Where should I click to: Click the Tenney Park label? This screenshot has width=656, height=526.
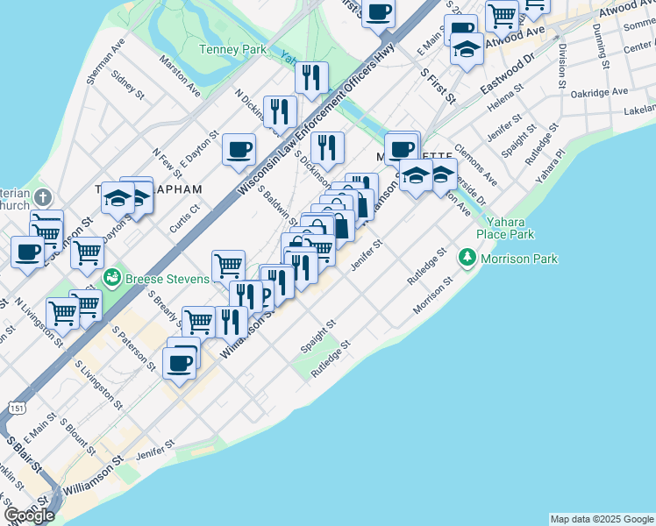pos(232,50)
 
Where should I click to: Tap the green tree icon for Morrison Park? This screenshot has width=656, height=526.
pos(467,258)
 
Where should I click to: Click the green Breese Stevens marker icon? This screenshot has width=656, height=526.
pos(111,279)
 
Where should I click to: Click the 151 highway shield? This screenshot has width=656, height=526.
pos(17,409)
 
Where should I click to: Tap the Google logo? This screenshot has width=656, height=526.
pos(28,515)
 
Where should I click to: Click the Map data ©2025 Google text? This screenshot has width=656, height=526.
pos(602,519)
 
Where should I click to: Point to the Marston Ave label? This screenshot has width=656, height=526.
pos(180,76)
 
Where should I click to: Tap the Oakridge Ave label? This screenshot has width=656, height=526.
pos(599,92)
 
